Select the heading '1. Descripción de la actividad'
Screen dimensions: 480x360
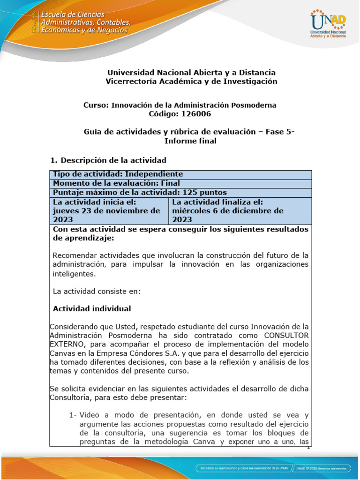(108, 160)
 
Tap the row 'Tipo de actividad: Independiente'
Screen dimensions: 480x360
(118, 174)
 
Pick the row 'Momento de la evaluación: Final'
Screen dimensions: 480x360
(116, 183)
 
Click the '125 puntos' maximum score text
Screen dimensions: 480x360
(202, 193)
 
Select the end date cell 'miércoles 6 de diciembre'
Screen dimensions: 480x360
(228, 211)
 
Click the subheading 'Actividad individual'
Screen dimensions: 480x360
(92, 308)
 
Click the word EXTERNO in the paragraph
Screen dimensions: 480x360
(67, 344)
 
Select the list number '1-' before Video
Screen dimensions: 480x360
(73, 415)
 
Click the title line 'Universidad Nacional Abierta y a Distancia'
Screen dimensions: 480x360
(191, 73)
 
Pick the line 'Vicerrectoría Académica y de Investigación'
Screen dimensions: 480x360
(191, 82)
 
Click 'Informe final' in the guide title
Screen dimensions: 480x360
(190, 141)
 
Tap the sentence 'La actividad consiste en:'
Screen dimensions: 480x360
(97, 291)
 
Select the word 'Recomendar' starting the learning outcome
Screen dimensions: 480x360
(75, 255)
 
